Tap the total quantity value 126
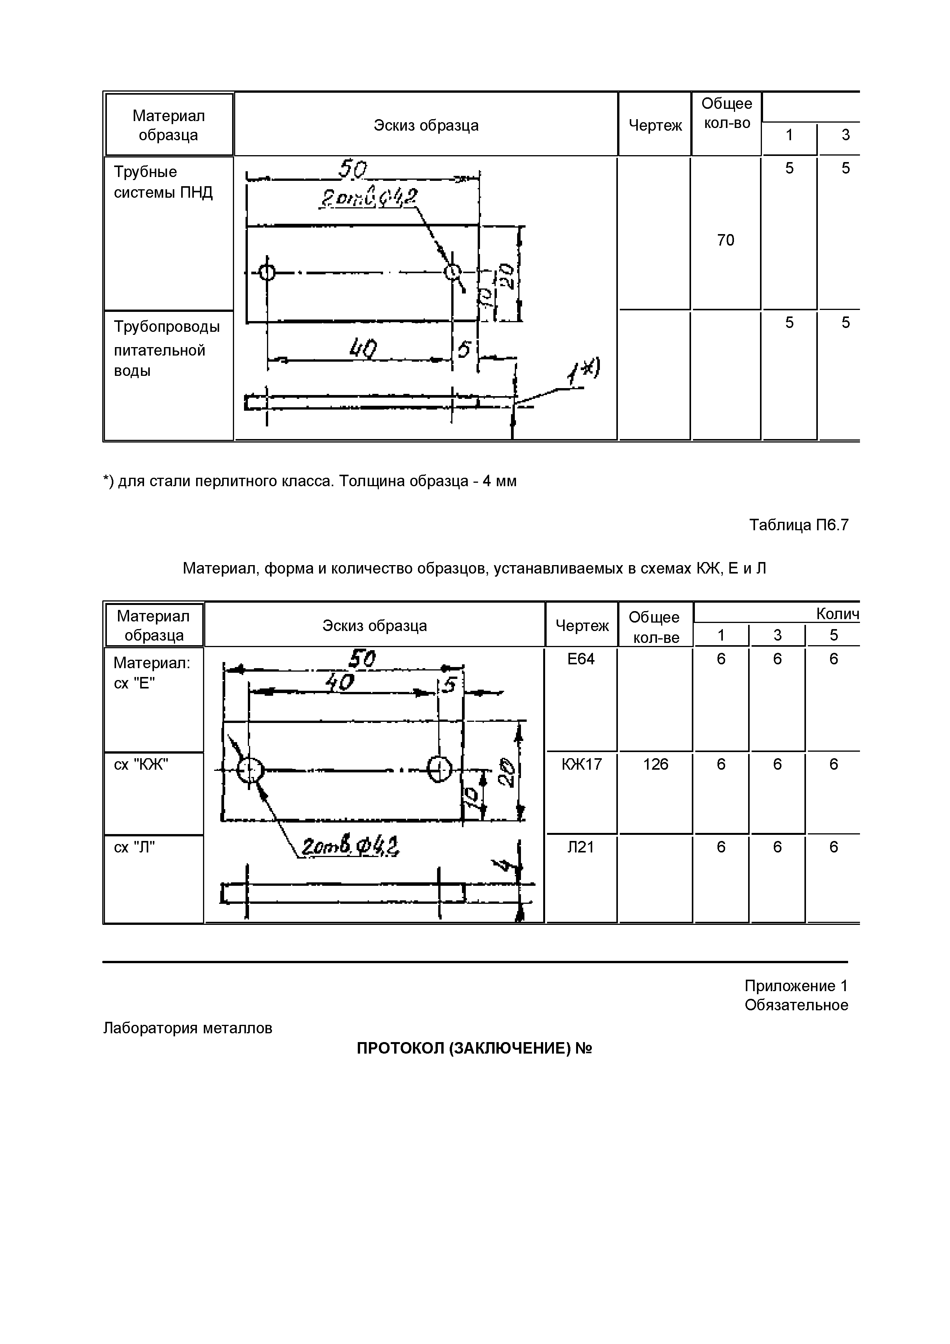655,764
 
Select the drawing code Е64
581,659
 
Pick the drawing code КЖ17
581,764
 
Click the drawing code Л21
581,847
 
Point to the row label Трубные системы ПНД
163,182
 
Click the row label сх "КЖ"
141,764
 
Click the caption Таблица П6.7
798,524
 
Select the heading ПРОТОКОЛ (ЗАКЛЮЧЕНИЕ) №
474,1048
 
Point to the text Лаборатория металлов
187,1028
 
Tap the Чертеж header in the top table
655,125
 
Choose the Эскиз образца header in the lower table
375,626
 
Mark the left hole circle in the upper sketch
267,272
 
